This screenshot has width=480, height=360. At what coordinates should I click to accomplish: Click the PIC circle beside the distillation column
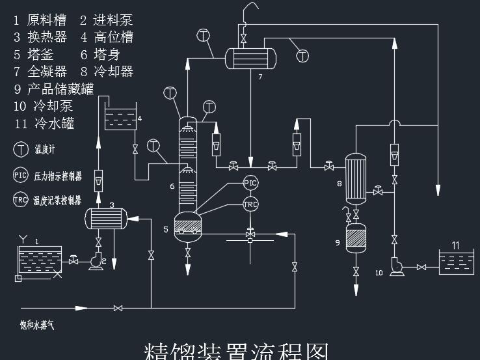[x=250, y=183]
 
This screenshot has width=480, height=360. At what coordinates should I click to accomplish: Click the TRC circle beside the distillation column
[x=250, y=204]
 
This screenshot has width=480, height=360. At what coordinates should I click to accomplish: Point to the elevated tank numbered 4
[x=120, y=120]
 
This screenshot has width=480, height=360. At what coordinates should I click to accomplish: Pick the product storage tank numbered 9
[x=355, y=239]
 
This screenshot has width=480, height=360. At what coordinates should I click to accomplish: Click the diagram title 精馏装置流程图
[x=236, y=350]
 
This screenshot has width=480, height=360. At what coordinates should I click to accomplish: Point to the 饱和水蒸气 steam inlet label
[x=37, y=323]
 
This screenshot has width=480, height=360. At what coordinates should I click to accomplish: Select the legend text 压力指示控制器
[x=58, y=176]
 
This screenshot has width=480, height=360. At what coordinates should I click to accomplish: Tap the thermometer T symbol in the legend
[x=21, y=149]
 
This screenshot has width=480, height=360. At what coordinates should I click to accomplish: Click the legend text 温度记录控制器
[x=58, y=201]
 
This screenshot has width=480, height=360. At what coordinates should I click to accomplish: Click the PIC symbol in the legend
[x=21, y=175]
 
